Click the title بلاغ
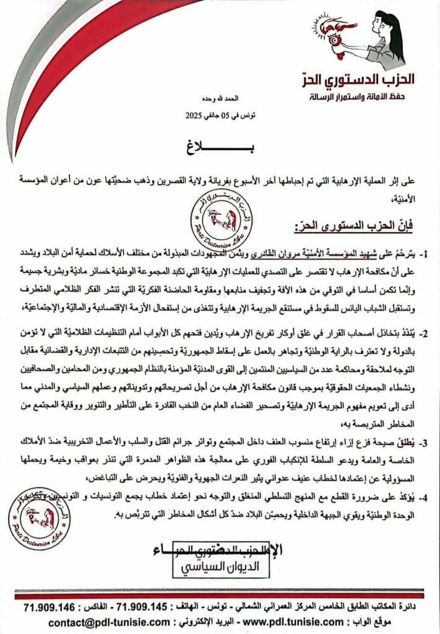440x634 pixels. (220, 148)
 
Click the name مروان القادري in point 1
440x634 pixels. (262, 253)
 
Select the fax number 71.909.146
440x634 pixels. (48, 604)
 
